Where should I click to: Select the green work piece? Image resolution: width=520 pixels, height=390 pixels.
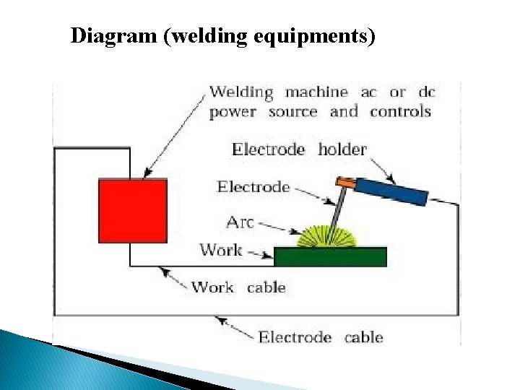[331, 256]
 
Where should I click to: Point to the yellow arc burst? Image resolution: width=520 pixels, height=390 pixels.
[329, 237]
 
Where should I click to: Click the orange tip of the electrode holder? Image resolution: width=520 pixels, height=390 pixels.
[345, 183]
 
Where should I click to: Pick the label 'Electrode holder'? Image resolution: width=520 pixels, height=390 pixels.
[299, 149]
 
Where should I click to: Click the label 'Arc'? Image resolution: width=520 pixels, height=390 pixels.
[240, 222]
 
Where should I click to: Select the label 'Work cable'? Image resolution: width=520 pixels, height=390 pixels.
[238, 287]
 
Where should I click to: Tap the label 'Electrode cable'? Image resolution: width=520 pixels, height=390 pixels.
[321, 337]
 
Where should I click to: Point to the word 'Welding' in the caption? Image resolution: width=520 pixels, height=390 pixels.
[241, 93]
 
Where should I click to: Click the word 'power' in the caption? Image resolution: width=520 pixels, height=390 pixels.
[233, 113]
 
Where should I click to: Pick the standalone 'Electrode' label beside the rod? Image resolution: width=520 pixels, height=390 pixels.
[253, 187]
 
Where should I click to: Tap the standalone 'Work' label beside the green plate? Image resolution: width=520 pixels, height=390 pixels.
[221, 250]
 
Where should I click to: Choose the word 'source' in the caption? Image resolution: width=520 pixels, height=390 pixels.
[292, 112]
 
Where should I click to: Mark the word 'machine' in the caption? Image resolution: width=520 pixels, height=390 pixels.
[316, 92]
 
